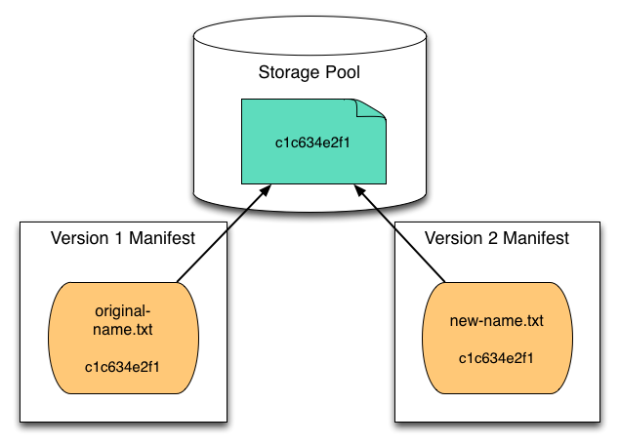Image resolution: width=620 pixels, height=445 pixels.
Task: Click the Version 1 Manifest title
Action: pos(123,238)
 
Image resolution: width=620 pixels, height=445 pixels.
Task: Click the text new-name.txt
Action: pos(496,320)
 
